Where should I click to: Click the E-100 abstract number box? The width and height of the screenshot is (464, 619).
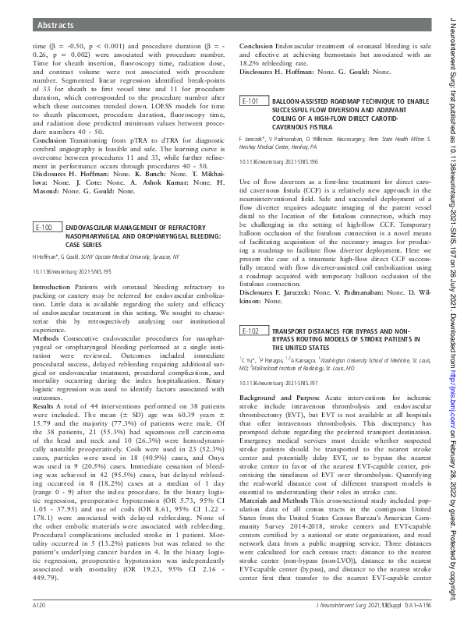coord(44,207)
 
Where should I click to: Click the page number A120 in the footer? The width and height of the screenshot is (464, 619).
coord(41,605)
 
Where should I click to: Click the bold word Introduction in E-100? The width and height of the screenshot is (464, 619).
coord(51,266)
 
